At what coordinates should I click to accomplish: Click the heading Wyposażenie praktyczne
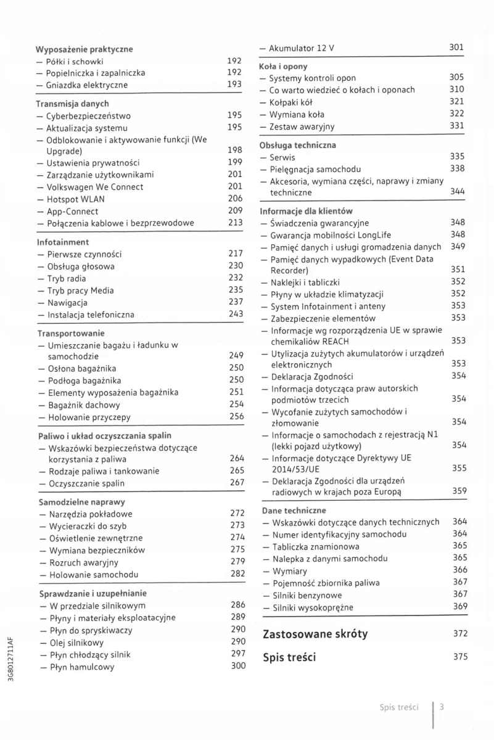84,49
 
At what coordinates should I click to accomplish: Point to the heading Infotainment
63,242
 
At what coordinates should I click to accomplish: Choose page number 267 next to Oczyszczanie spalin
237,482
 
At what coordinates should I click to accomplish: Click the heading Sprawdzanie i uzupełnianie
93,593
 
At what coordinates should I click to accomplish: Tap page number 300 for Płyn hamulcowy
237,667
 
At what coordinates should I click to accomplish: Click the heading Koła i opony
283,65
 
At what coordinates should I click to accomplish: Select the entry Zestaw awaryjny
297,126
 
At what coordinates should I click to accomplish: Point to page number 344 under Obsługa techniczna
457,192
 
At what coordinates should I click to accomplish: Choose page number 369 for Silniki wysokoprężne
459,607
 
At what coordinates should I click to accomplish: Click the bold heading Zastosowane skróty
315,633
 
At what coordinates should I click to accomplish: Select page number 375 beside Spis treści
460,657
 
